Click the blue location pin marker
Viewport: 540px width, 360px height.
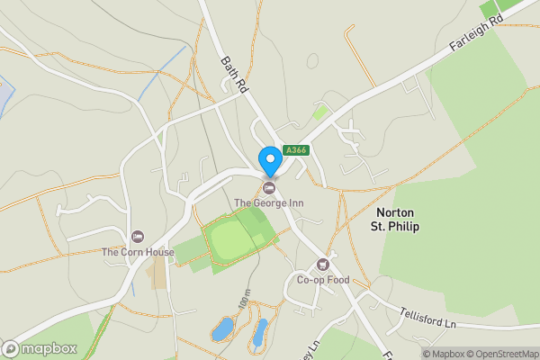(x=269, y=161)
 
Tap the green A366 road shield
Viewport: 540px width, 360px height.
(x=295, y=150)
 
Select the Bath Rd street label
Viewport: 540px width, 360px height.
(x=234, y=75)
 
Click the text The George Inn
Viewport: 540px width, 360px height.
(x=269, y=203)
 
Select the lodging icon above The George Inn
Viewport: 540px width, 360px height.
(x=269, y=187)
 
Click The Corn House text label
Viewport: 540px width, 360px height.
(x=138, y=252)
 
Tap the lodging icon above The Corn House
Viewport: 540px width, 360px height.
(x=138, y=237)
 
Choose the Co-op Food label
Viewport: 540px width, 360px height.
(x=323, y=280)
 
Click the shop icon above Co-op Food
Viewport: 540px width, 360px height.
(x=323, y=265)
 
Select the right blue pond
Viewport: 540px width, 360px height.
(x=259, y=332)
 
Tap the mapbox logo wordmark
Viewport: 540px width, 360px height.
(x=40, y=348)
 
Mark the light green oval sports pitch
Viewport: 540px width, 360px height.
(x=231, y=240)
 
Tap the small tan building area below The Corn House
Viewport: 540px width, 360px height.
(x=158, y=275)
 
